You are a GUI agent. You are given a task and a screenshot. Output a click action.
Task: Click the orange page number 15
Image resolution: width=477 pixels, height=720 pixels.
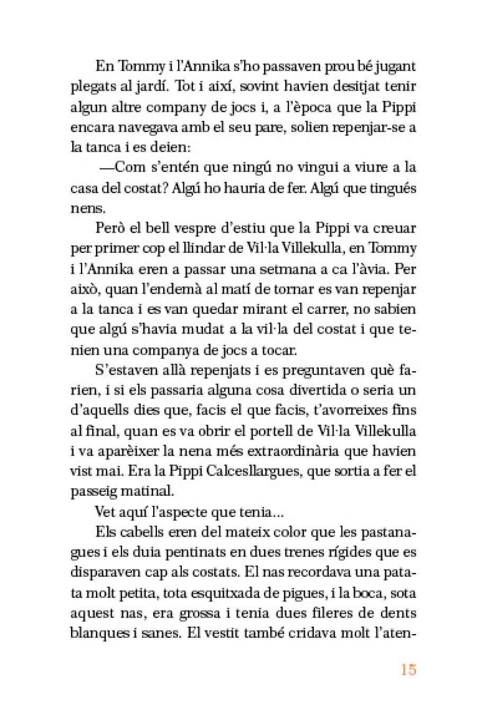[x=408, y=670]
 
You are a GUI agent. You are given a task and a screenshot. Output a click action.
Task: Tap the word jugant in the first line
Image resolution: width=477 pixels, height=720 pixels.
[x=392, y=66]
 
